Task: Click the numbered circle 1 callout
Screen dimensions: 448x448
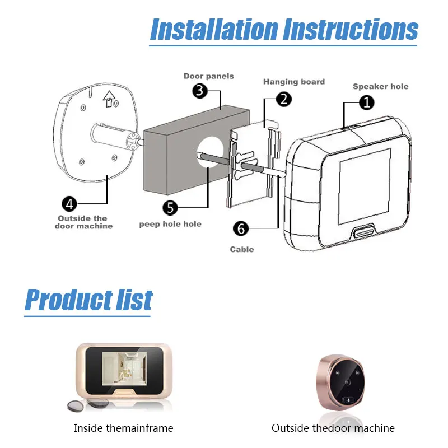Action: coord(366,102)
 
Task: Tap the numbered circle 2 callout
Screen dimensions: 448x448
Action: coord(284,100)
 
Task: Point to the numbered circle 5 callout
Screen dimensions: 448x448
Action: coord(171,208)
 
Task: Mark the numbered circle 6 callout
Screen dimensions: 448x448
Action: coord(241,228)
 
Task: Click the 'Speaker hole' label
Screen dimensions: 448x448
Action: coord(380,86)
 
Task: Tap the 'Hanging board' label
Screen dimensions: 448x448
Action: coord(294,82)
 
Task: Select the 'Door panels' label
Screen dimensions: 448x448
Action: coord(209,76)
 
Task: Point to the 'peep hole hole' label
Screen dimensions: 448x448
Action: coord(170,225)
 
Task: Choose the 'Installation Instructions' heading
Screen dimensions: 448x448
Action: coord(284,29)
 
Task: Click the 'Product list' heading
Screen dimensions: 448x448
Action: coord(88,300)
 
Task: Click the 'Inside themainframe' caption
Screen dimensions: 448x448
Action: coord(124,428)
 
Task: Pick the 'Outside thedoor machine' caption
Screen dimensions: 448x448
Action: coord(333,428)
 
